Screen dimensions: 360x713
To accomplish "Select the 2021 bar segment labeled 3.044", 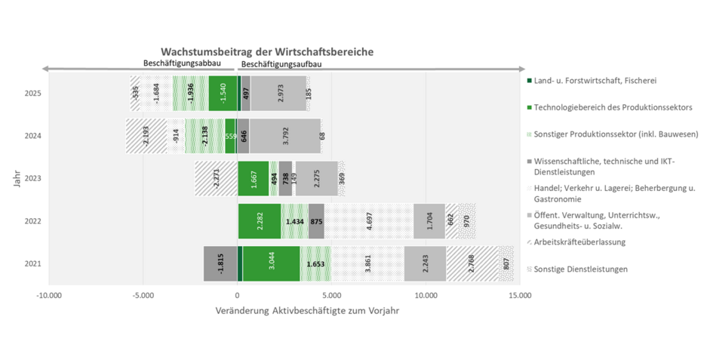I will click(x=271, y=264).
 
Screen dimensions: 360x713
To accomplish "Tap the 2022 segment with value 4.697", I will click(x=369, y=221).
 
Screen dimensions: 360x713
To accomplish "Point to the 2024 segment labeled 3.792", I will click(x=284, y=137).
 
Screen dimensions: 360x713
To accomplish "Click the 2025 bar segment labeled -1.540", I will click(x=223, y=94).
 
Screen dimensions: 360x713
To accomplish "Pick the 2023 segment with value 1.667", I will click(x=254, y=179).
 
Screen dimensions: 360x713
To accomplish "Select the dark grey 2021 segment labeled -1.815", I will click(x=220, y=264).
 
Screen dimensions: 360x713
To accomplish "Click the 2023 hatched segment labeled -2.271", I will click(x=216, y=179).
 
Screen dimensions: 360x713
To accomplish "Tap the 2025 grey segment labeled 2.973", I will click(x=278, y=94).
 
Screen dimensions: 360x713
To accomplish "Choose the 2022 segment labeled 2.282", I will click(x=260, y=221).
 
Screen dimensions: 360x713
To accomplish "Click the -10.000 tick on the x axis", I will click(x=50, y=295).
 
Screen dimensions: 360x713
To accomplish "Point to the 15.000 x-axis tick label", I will click(x=519, y=295).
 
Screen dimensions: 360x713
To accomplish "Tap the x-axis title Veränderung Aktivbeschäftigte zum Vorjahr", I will click(x=307, y=310).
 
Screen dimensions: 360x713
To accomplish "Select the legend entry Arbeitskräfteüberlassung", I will click(x=579, y=242).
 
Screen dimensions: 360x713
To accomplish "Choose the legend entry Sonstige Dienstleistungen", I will click(x=580, y=269).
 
